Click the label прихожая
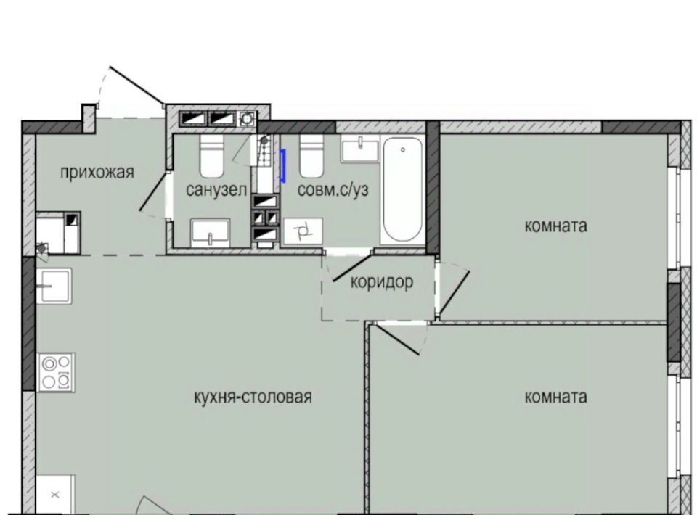(97, 172)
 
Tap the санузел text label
(216, 190)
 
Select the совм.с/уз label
(333, 190)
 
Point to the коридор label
(382, 282)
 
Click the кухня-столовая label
(253, 397)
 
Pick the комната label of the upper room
(555, 226)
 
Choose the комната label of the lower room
(555, 397)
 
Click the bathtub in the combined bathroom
(403, 190)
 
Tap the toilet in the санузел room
(211, 155)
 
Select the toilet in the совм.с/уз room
(311, 155)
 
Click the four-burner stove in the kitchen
(56, 372)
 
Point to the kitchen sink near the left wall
(53, 286)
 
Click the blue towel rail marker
(282, 166)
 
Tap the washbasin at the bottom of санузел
(211, 232)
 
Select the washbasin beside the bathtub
(360, 149)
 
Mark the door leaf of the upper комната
(455, 292)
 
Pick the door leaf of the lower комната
(396, 339)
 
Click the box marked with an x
(55, 495)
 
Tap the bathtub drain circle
(403, 149)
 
